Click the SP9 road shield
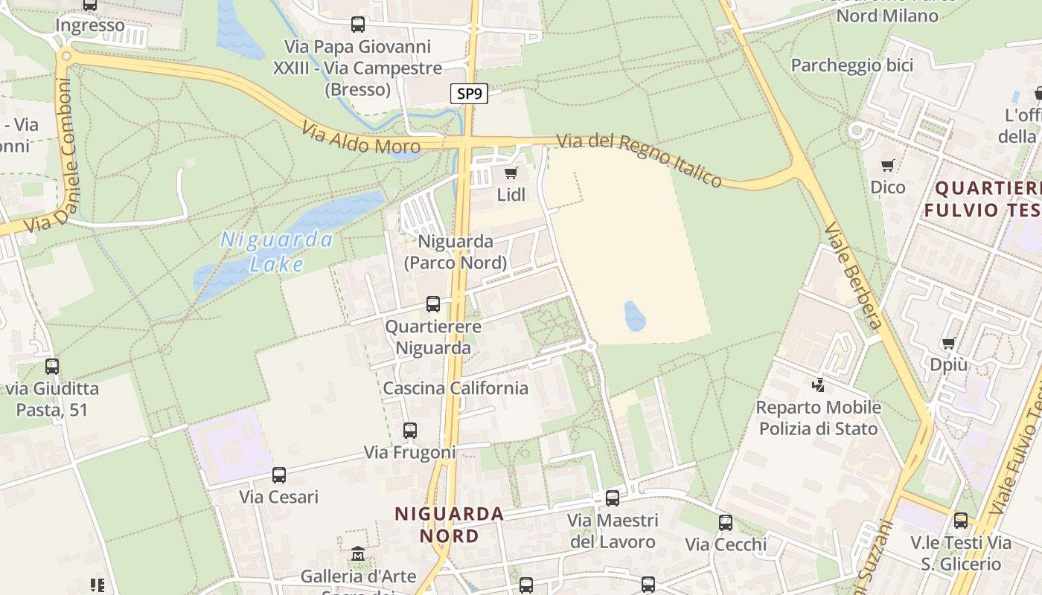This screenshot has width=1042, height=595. point(469,94)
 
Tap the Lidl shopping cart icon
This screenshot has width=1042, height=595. point(511,174)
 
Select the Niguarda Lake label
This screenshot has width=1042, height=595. point(277,251)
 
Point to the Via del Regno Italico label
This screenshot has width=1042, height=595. point(639,160)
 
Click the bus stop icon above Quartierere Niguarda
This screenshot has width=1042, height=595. point(433,304)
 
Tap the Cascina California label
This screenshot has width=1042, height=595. point(456,388)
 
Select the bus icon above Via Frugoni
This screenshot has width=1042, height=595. point(410,431)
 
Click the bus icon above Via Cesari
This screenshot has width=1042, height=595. point(279,475)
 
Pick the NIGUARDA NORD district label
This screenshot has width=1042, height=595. point(450,524)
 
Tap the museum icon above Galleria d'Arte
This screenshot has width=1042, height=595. point(358,554)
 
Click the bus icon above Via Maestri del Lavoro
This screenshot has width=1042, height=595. point(613,498)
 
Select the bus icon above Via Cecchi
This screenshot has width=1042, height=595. point(726,523)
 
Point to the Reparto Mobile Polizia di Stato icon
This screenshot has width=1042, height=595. point(819,385)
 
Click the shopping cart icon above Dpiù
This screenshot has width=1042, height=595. point(949,344)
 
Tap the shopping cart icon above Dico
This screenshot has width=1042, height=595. point(888,165)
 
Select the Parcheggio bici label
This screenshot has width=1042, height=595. point(851,65)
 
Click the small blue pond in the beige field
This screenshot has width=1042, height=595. point(635,316)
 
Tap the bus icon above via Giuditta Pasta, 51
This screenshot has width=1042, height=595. point(52,367)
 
